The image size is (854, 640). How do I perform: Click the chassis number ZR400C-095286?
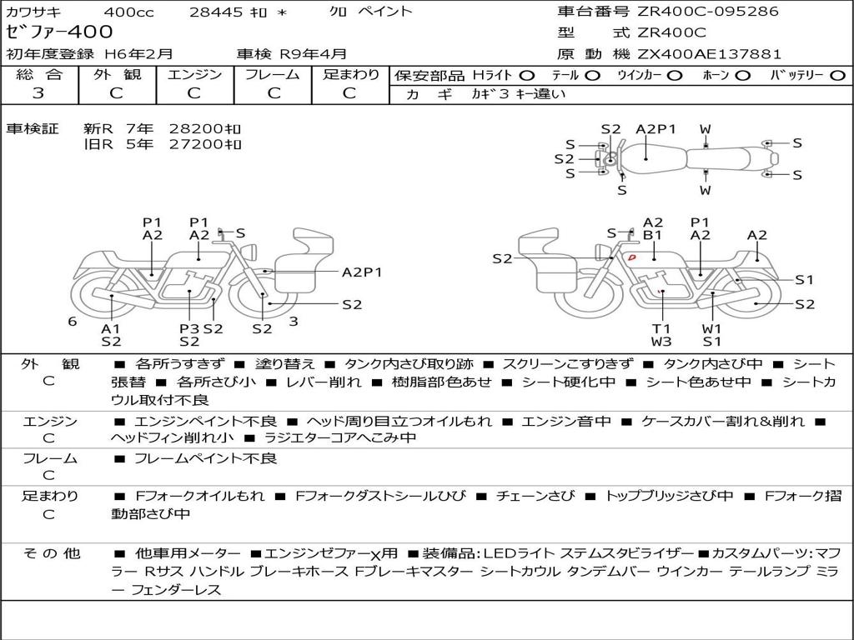[708, 12]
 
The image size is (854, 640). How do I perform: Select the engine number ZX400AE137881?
[709, 54]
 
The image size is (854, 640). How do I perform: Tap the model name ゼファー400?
[59, 32]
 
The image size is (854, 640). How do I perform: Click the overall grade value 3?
[38, 93]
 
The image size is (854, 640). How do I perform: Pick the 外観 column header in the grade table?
[117, 74]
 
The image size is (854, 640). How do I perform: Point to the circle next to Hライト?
[527, 76]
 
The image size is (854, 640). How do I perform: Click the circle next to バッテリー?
[838, 76]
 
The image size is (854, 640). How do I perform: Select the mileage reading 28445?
[216, 12]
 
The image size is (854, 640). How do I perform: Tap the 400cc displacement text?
[128, 12]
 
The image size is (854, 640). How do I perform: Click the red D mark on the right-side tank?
[632, 257]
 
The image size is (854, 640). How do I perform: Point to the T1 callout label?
[661, 328]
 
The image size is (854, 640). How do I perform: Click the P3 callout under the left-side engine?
[189, 328]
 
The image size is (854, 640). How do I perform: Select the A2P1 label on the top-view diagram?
[656, 129]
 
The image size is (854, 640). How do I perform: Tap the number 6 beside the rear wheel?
[73, 322]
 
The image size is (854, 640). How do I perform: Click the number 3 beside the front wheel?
[294, 322]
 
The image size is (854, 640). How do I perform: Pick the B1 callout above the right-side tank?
[652, 235]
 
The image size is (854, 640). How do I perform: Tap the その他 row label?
[52, 553]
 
